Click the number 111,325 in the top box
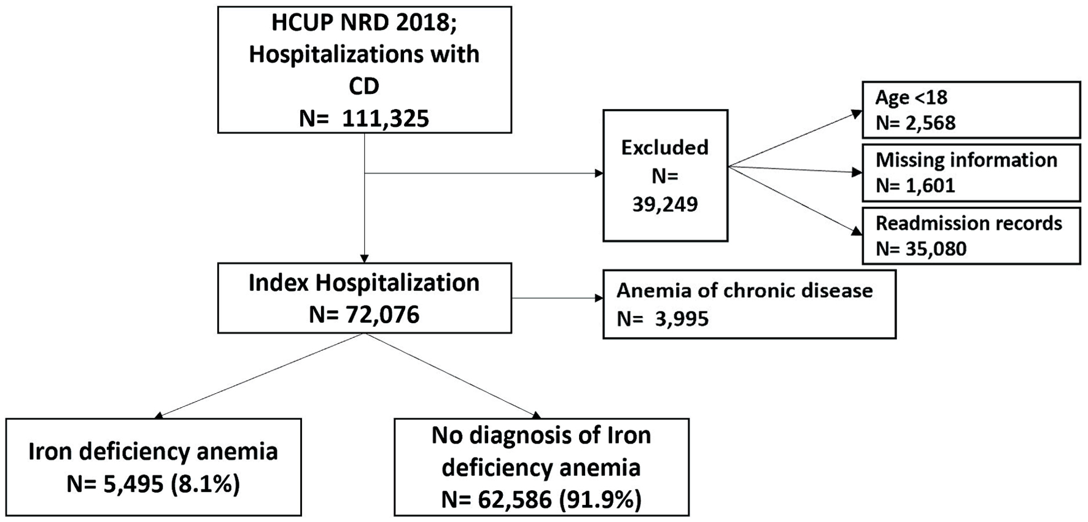[385, 118]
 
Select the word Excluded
[665, 148]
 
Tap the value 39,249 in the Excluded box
[665, 204]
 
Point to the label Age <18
[911, 97]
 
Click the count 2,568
[930, 123]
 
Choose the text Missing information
[966, 160]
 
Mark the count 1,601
[930, 186]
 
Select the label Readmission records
[969, 223]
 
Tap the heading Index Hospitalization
[364, 283]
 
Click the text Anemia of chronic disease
[745, 290]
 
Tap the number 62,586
[514, 501]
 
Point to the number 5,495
[133, 485]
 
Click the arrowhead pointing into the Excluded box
[599, 174]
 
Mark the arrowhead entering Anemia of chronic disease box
[599, 299]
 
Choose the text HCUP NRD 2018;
[364, 23]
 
